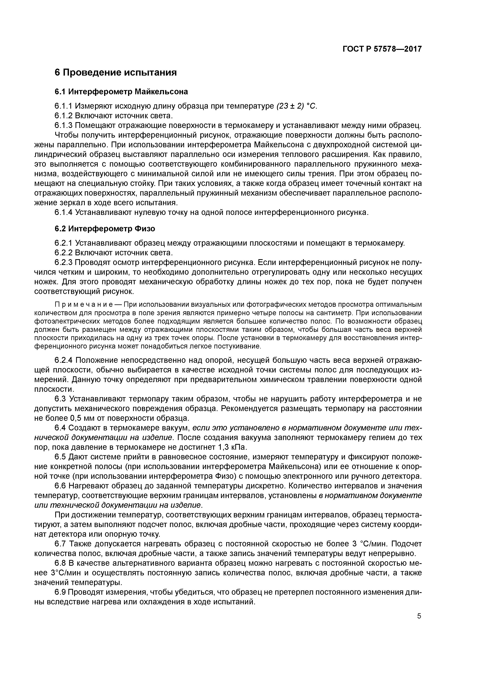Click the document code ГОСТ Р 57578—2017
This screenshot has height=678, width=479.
382,49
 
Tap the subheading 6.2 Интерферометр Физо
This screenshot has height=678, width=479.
105,229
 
